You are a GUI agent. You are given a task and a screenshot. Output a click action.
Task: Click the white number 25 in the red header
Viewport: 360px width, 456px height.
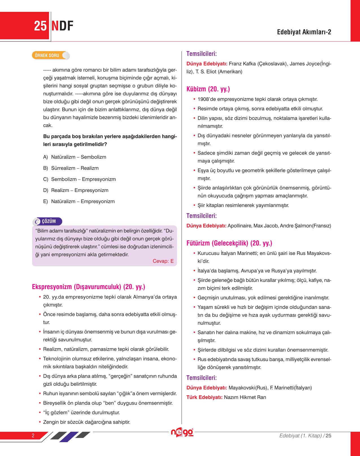[40, 26]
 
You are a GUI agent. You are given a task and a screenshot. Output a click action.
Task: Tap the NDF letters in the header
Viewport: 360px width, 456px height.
[62, 26]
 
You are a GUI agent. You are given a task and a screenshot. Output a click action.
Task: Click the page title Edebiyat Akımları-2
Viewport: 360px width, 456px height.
[304, 32]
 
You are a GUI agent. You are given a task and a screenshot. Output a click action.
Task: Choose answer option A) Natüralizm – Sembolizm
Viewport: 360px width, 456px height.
[75, 157]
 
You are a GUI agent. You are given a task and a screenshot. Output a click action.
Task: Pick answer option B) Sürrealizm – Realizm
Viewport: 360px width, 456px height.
[71, 168]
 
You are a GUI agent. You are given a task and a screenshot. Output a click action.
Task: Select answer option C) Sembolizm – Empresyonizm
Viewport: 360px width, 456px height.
[80, 179]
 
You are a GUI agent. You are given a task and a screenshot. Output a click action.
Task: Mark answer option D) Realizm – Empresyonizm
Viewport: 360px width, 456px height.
[76, 190]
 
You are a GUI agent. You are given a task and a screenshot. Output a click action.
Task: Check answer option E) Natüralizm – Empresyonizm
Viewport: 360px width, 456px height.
[79, 201]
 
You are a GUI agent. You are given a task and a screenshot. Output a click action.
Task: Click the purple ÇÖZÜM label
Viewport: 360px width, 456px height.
[48, 221]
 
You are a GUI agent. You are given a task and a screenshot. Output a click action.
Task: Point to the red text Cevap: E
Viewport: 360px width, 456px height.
[163, 261]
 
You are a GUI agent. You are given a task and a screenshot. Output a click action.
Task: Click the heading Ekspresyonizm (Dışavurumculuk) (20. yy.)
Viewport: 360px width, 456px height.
[88, 287]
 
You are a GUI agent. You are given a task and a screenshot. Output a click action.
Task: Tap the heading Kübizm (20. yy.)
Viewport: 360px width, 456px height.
[208, 89]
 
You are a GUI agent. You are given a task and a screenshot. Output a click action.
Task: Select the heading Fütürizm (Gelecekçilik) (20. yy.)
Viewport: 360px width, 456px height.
[229, 243]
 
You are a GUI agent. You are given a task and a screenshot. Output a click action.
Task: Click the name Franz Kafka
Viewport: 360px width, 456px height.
[242, 64]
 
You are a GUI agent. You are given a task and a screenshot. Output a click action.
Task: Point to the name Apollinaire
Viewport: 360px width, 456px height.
[239, 226]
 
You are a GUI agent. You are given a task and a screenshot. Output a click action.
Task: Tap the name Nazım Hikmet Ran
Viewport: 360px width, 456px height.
[245, 397]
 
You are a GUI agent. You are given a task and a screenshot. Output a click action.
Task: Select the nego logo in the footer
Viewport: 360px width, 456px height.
[182, 432]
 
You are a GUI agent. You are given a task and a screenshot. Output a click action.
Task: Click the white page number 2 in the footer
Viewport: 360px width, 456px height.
[33, 435]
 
